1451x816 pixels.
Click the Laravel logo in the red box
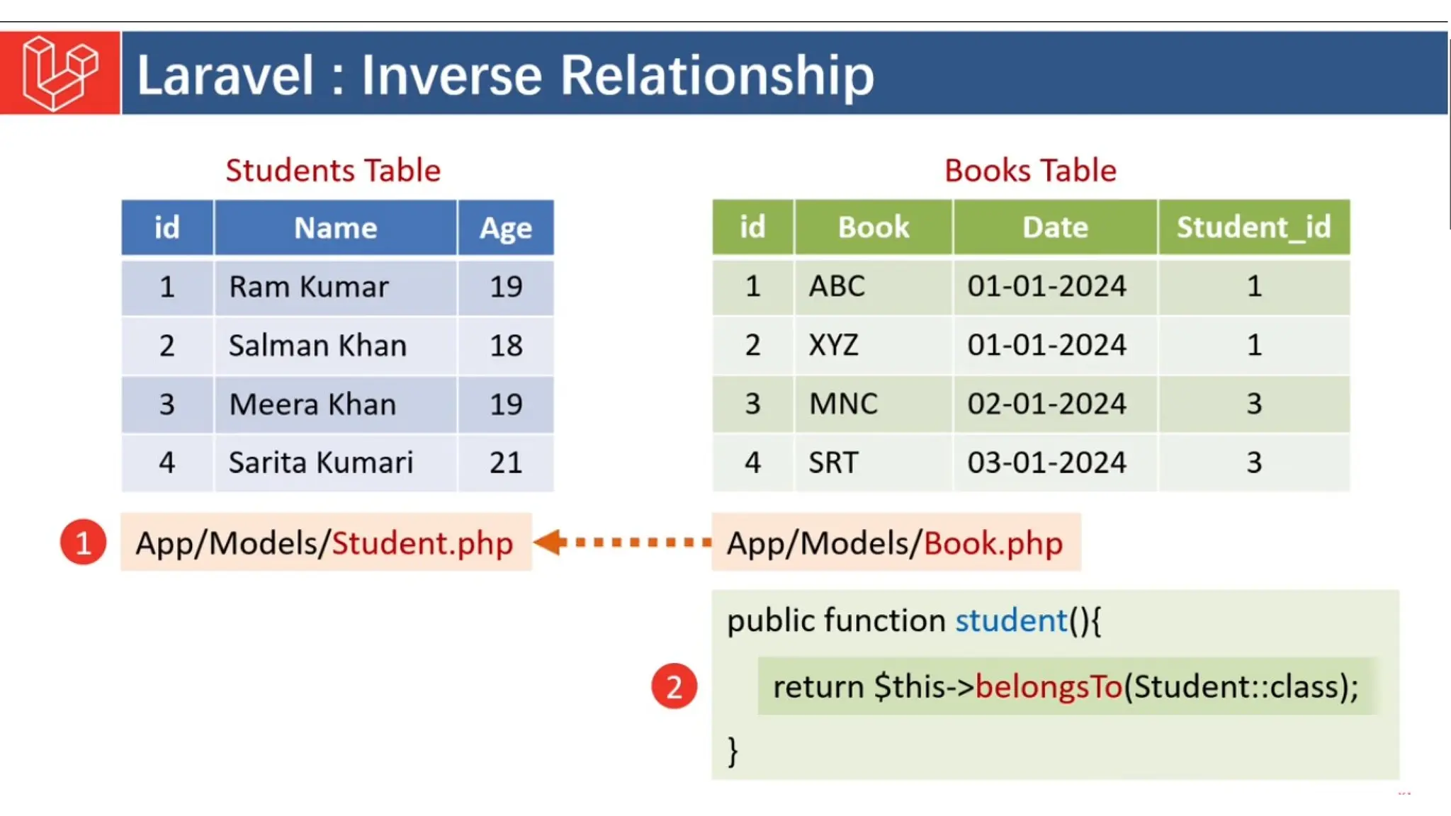[x=60, y=73]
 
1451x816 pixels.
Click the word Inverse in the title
[x=451, y=75]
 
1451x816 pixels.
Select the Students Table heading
[x=333, y=171]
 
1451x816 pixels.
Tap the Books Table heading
[x=1030, y=171]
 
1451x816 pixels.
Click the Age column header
[x=505, y=228]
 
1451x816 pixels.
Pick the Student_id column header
[x=1253, y=227]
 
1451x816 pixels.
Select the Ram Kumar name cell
[x=309, y=287]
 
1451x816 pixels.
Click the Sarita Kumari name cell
[x=320, y=463]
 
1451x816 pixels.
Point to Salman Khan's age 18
[x=506, y=346]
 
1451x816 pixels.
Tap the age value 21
[x=506, y=463]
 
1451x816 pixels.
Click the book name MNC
[x=843, y=404]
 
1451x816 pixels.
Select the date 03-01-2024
[x=1046, y=463]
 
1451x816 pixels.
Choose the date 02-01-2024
[x=1046, y=404]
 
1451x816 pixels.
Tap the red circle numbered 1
[x=83, y=543]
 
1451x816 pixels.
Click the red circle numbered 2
[x=674, y=686]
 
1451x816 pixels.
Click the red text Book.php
[x=993, y=543]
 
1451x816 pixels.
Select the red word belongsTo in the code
[x=1049, y=686]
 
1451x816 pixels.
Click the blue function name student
[x=1010, y=620]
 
